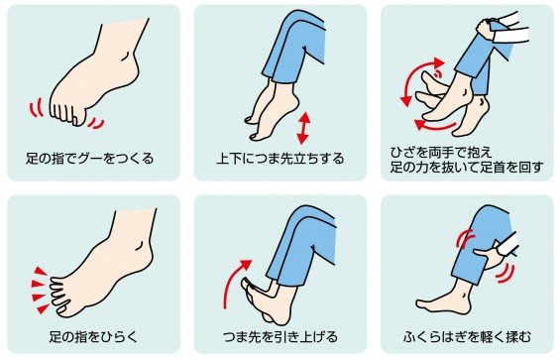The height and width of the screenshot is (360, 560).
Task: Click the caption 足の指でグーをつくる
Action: [x=89, y=159]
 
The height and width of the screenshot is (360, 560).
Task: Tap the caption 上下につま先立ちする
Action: [x=280, y=159]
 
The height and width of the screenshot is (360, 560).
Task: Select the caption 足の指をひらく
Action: [x=93, y=337]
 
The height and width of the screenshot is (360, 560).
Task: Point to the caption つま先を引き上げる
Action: [x=280, y=337]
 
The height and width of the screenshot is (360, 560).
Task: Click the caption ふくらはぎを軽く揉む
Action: [x=468, y=337]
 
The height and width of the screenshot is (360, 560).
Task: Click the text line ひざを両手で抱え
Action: [x=441, y=153]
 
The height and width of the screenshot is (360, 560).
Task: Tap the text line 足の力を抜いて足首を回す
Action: [x=467, y=168]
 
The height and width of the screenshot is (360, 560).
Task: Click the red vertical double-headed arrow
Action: [x=303, y=128]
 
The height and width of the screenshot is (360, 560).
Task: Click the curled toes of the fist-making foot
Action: [x=67, y=113]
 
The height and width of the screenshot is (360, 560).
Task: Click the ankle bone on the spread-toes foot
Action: [x=139, y=245]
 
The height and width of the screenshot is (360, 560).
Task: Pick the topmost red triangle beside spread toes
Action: [x=41, y=271]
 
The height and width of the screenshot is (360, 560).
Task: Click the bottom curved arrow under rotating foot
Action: [x=435, y=126]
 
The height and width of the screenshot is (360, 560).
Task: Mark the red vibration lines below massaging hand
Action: [x=506, y=275]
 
